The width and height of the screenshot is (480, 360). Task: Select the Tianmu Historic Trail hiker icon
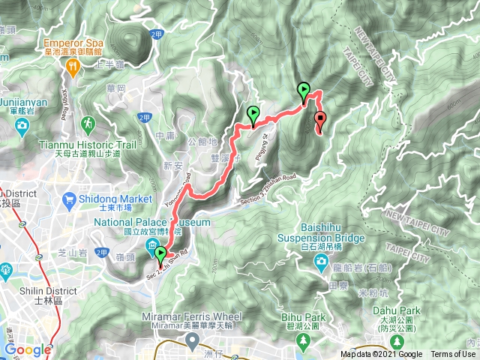88,123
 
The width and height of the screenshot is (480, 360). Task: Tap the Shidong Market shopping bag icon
69,199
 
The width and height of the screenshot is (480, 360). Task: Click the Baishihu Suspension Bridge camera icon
320,260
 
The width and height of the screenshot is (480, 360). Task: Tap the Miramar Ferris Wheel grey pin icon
193,341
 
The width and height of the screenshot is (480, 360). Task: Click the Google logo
28,349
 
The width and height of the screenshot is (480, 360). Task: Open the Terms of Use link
452,355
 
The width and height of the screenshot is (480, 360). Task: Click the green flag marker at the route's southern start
160,253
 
